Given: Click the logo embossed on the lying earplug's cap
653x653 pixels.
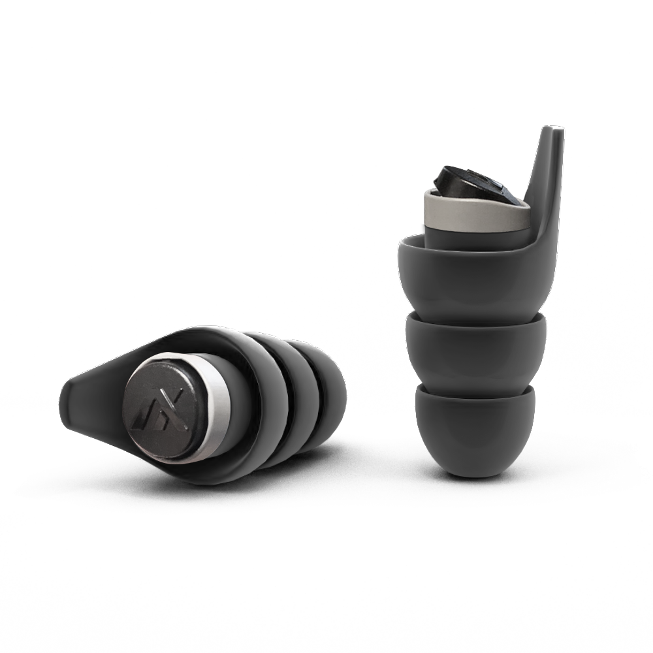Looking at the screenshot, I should pos(154,407).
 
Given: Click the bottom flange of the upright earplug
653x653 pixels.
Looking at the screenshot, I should pos(474,424).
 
